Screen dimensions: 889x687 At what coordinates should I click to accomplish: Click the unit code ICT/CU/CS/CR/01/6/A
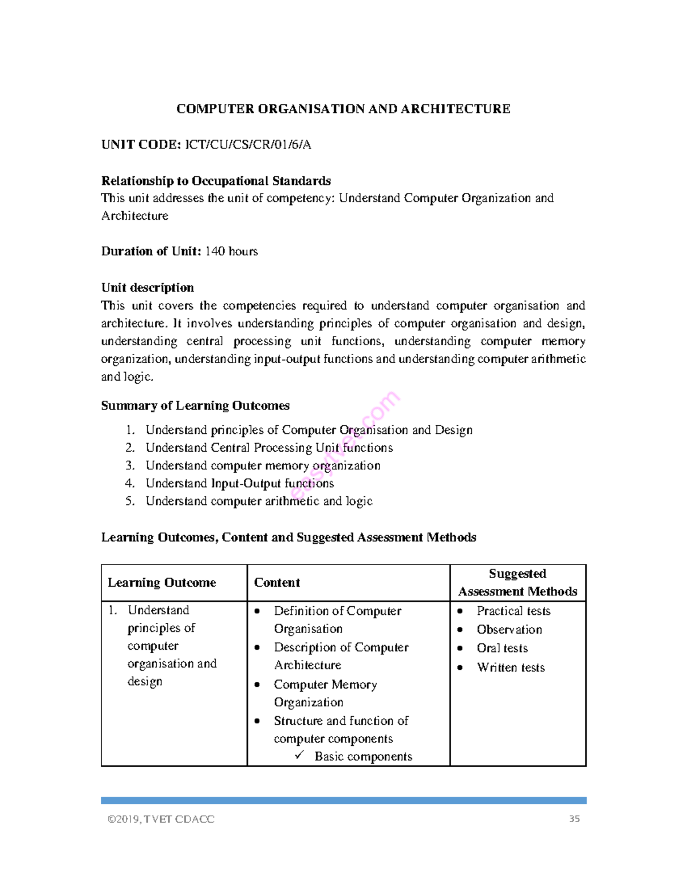point(247,145)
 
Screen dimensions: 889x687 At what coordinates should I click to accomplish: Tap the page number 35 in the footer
point(574,819)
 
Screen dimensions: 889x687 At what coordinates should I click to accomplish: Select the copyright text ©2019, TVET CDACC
point(161,819)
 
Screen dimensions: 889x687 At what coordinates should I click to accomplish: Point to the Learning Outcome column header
point(161,583)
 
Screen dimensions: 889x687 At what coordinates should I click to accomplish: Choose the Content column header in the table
point(277,583)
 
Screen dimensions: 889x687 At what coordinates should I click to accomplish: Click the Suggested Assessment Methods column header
point(518,583)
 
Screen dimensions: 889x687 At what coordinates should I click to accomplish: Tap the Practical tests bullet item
point(513,611)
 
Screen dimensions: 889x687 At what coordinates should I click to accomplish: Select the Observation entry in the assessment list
point(509,630)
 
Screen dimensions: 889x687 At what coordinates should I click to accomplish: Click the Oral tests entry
point(502,648)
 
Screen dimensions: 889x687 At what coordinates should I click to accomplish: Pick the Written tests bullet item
point(511,667)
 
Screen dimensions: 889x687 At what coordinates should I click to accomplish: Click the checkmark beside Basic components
point(300,756)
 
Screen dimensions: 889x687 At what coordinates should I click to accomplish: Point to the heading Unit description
point(147,287)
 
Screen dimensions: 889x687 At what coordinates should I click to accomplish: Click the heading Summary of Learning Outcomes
point(195,406)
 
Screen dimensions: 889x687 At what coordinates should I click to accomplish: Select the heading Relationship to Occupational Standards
point(216,181)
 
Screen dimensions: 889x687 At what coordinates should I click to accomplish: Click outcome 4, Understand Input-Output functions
point(239,484)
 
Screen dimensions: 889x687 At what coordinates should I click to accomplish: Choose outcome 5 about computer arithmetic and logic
point(259,501)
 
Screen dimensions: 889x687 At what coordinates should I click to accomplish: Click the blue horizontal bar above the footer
point(343,800)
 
